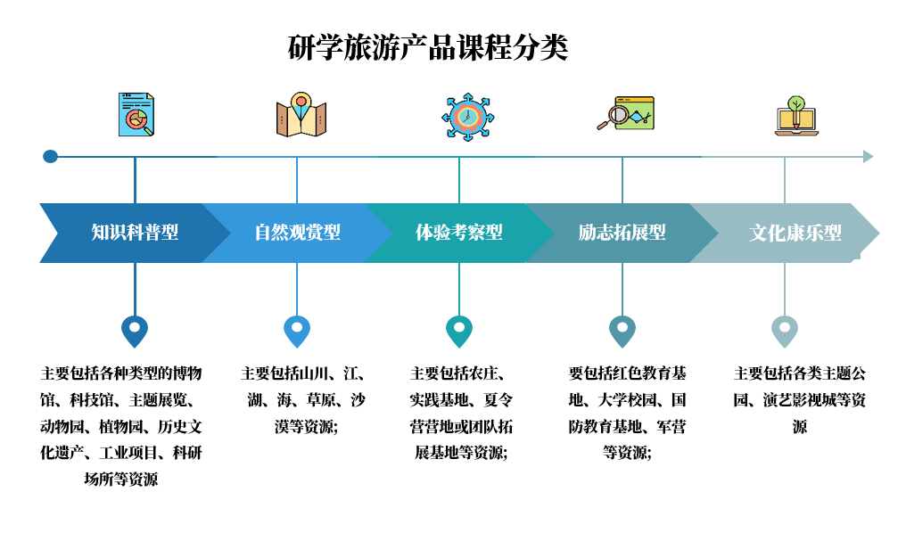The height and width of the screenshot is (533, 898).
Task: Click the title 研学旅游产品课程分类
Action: [428, 47]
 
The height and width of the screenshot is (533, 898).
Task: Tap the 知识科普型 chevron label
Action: [135, 233]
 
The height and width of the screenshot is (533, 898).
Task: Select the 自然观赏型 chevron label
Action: [297, 233]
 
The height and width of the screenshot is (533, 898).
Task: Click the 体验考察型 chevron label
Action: [459, 233]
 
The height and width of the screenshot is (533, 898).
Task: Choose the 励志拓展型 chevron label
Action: [622, 233]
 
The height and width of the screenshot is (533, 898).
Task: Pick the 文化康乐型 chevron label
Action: [795, 233]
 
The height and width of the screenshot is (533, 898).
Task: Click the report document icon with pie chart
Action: [136, 115]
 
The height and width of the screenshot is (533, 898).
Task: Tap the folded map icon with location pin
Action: [301, 115]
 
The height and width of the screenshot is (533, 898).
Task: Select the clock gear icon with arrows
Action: [467, 116]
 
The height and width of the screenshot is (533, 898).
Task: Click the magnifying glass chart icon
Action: [625, 114]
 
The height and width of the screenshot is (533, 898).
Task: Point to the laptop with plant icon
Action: [795, 115]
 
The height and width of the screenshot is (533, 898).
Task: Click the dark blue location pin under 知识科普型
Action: [135, 331]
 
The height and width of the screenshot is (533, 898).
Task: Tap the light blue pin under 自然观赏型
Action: [297, 331]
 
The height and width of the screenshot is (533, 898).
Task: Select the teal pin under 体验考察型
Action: [459, 331]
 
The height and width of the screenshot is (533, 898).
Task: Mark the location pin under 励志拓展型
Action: [622, 331]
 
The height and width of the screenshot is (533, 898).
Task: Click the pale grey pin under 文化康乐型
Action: [785, 331]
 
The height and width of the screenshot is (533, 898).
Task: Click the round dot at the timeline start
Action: [50, 156]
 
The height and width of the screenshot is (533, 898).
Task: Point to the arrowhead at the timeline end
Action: [869, 156]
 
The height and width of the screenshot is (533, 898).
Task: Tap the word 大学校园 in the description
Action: [629, 399]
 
